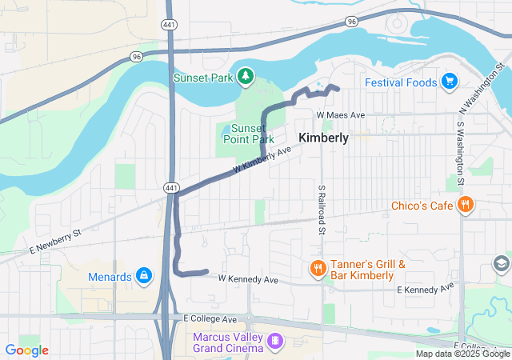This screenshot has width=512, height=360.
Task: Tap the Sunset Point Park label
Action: pyautogui.click(x=247, y=134)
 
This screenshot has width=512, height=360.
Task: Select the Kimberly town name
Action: pyautogui.click(x=323, y=138)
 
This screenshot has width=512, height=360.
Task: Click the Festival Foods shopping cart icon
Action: pyautogui.click(x=449, y=82)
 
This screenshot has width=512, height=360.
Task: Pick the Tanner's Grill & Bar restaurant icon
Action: pyautogui.click(x=318, y=269)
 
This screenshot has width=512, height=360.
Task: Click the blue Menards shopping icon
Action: pyautogui.click(x=143, y=277)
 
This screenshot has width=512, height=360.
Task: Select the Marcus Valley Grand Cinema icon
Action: pyautogui.click(x=275, y=342)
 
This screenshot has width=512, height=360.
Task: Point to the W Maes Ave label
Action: pyautogui.click(x=340, y=115)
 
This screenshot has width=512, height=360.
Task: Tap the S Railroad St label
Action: pyautogui.click(x=321, y=210)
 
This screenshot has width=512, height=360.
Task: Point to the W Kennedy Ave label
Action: pyautogui.click(x=248, y=280)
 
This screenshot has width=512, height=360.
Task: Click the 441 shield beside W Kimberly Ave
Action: pyautogui.click(x=170, y=186)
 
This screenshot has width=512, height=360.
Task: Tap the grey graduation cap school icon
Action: pyautogui.click(x=501, y=262)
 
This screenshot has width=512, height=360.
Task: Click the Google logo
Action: pyautogui.click(x=26, y=350)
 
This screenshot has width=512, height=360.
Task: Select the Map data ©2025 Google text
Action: pyautogui.click(x=462, y=354)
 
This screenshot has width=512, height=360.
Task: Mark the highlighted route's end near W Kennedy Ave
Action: pyautogui.click(x=207, y=271)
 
